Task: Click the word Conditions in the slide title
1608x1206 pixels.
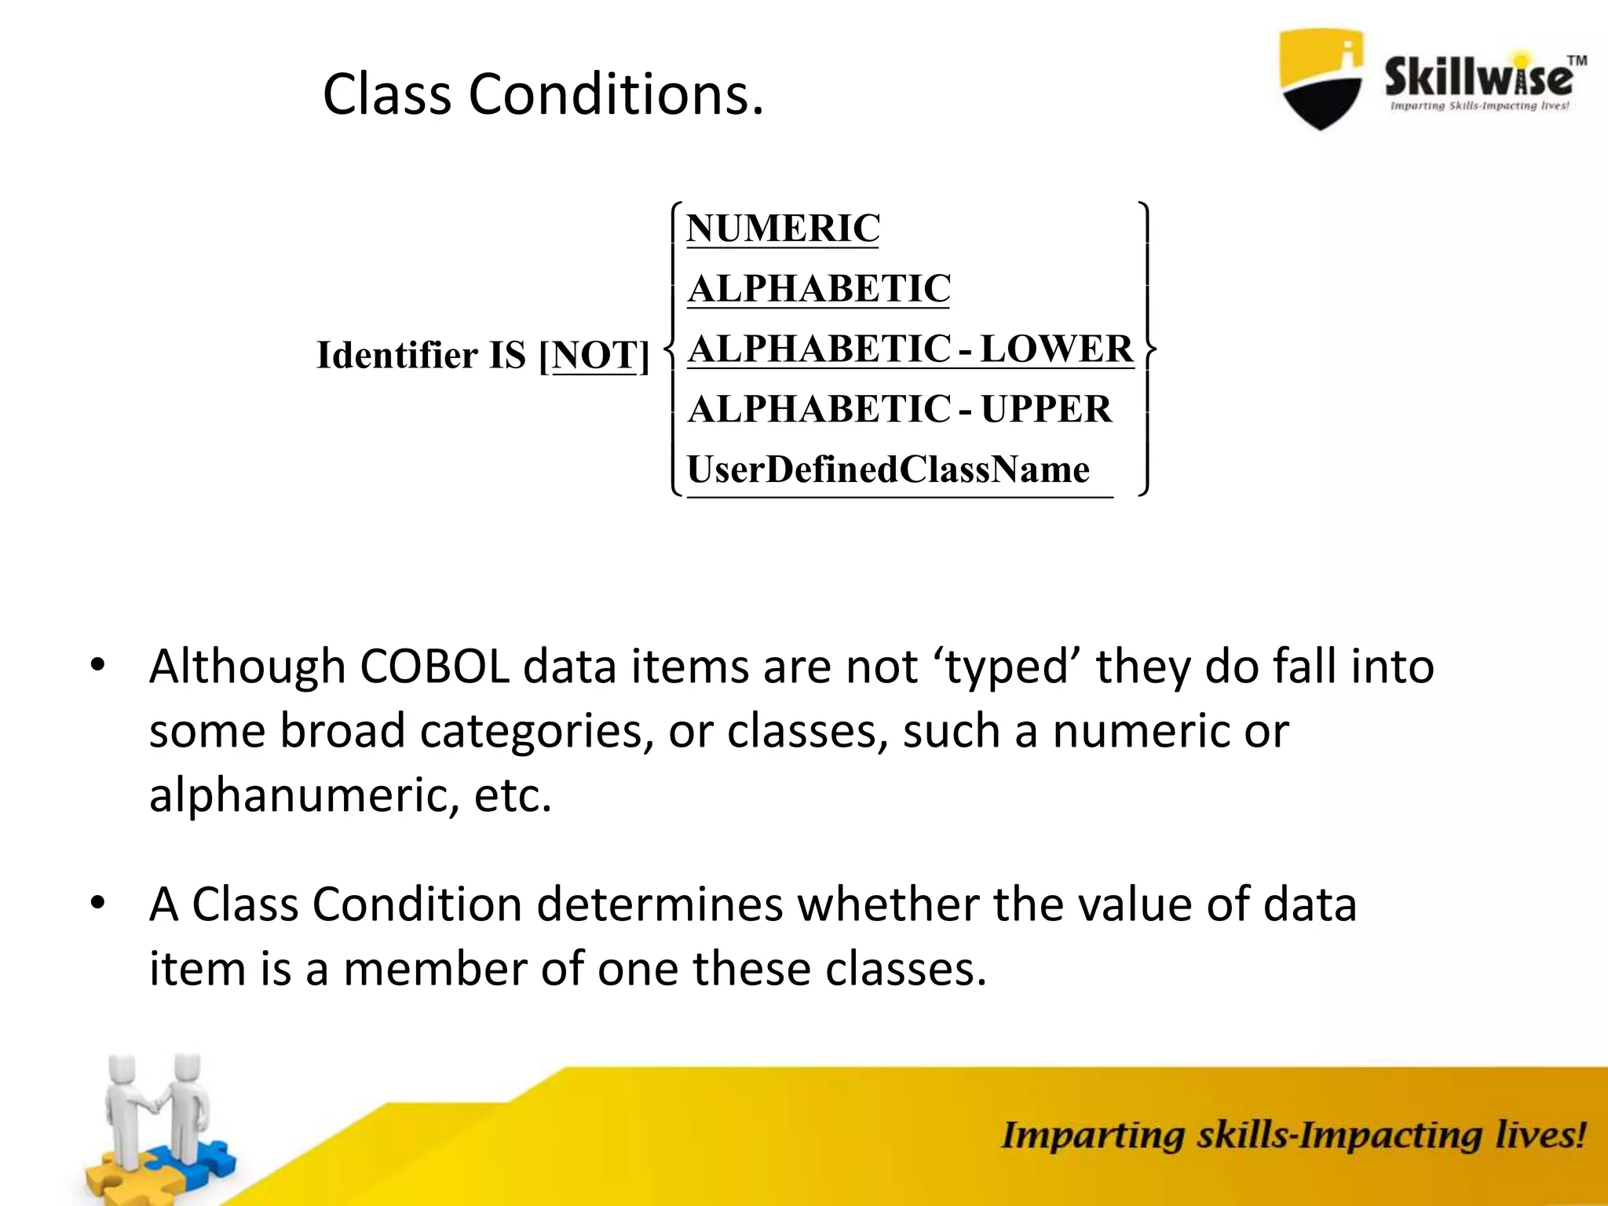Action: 615,95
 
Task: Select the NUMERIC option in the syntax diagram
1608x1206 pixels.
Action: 783,228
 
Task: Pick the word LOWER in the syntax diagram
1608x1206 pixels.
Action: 1057,349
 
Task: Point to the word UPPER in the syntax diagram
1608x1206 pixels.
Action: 1046,409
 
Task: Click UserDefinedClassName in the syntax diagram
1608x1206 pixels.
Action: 888,470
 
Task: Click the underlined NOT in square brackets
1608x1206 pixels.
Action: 594,355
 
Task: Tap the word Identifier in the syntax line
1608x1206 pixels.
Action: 397,355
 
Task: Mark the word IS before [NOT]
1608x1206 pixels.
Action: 507,355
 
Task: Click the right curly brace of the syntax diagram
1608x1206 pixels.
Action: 1147,349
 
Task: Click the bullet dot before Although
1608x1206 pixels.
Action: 97,666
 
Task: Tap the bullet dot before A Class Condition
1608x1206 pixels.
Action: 97,903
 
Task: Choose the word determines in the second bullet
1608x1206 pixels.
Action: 660,904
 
